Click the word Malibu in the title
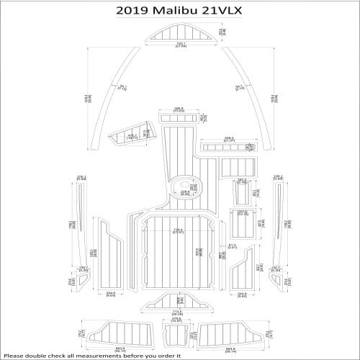[176, 10]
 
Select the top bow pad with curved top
[180, 33]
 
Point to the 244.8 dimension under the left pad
[110, 294]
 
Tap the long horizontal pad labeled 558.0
[227, 148]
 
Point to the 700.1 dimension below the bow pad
[180, 45]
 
